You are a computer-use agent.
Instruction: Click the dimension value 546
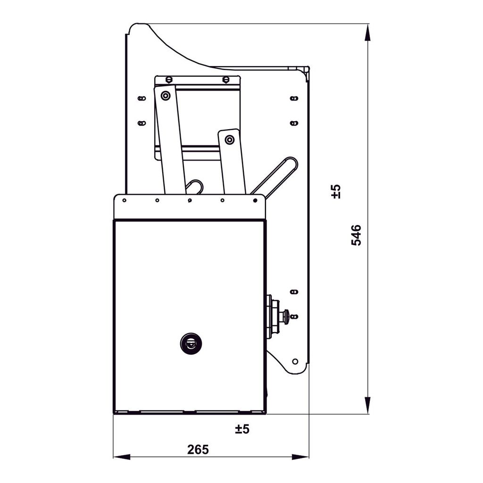coord(357,235)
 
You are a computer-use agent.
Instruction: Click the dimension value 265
coord(198,450)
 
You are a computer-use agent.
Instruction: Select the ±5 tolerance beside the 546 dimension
coord(336,191)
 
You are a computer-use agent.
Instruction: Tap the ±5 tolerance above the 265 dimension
coord(242,429)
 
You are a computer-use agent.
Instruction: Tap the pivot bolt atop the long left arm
coord(165,96)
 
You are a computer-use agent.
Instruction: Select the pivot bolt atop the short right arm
coord(229,139)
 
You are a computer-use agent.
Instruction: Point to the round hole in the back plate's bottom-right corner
coord(295,361)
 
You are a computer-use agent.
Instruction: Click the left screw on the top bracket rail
coord(169,79)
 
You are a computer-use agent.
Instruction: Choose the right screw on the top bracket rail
coord(226,79)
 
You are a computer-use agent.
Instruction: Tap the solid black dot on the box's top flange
coord(255,200)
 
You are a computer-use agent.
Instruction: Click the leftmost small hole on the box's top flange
coord(124,200)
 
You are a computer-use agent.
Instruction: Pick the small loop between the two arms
coord(195,186)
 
